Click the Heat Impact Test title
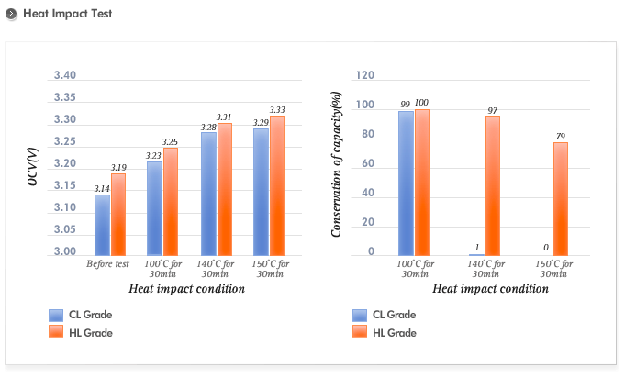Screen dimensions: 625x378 67,14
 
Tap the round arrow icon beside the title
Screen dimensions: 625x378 11,14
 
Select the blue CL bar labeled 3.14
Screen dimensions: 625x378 102,225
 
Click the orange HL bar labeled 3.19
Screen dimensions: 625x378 118,215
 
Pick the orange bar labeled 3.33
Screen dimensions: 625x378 277,186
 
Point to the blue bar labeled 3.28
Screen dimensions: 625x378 209,194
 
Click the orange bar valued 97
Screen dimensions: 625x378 493,186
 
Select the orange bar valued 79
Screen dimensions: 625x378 561,199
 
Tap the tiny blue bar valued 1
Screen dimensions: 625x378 476,255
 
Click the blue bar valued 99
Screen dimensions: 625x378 406,183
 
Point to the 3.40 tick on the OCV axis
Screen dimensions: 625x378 65,75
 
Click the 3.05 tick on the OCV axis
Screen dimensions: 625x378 65,229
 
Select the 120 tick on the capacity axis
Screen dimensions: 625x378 365,75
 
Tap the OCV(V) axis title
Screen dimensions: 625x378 32,166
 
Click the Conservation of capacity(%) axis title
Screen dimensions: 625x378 336,164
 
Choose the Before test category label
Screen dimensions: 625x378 107,264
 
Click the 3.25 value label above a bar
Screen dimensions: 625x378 170,142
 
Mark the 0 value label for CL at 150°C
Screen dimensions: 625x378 546,248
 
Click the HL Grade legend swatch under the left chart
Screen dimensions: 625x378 56,331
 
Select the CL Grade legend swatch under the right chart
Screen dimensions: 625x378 360,315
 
